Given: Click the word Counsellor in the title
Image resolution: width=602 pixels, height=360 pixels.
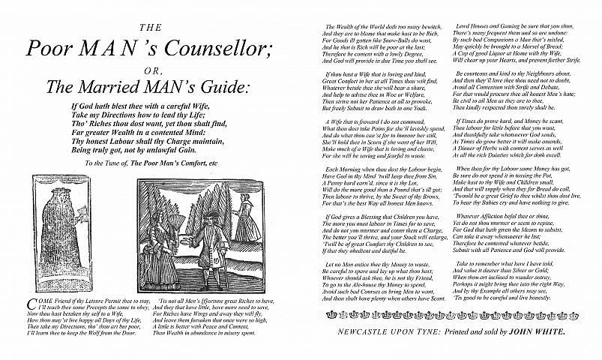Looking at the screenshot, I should click(205, 48).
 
